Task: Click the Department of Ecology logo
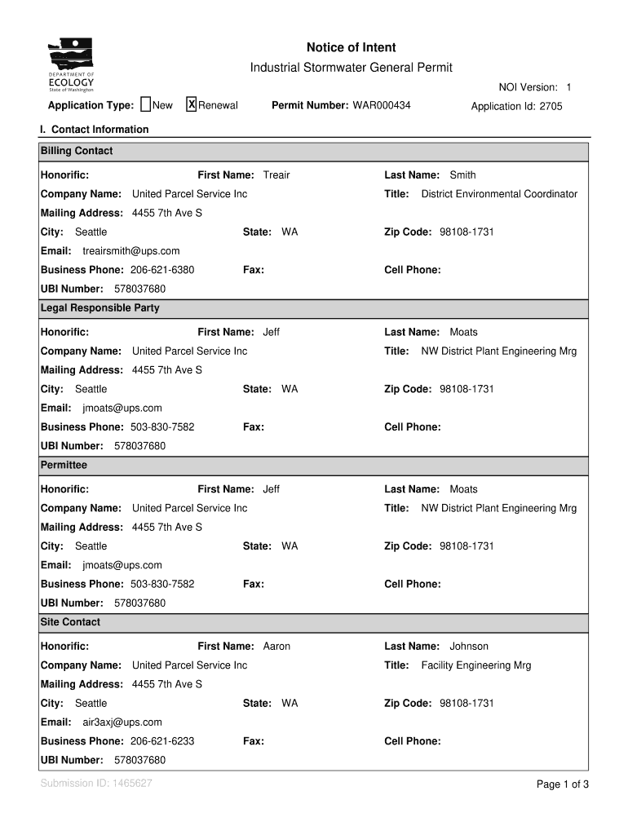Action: (71, 65)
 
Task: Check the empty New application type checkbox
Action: (145, 104)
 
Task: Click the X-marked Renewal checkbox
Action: (192, 104)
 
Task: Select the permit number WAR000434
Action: (382, 106)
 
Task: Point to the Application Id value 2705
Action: (551, 106)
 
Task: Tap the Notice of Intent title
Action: (351, 48)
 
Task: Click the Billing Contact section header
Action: (77, 151)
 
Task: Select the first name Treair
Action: (276, 175)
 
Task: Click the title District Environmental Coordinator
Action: (499, 194)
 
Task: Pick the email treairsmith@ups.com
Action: (131, 251)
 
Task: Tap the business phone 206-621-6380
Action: (162, 270)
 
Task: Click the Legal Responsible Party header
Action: (100, 308)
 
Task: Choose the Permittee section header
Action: (64, 465)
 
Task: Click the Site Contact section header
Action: (70, 622)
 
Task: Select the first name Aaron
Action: (276, 647)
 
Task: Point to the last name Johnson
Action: (469, 647)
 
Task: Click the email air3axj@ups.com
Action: (122, 722)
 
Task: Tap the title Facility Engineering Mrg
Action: (475, 665)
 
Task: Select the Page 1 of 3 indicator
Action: (562, 784)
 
